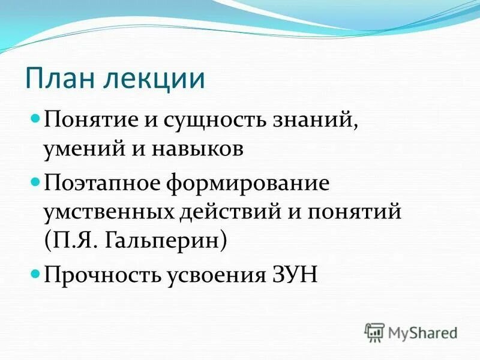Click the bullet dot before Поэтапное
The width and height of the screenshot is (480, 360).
pos(35,181)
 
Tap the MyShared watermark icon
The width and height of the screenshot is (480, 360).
pos(374,332)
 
